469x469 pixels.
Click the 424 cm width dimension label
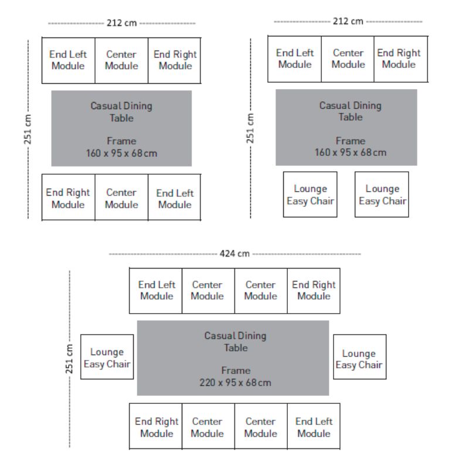click(235, 254)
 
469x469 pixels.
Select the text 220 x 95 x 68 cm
click(236, 383)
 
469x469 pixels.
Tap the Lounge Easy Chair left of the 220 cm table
click(107, 357)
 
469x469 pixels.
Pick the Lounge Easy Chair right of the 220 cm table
click(359, 357)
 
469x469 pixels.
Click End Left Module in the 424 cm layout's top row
click(155, 291)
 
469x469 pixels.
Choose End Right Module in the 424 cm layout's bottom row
click(155, 426)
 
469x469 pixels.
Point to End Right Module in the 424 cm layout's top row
click(314, 291)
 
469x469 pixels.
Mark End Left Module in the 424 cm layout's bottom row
click(314, 426)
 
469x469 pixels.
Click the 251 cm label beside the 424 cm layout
click(69, 359)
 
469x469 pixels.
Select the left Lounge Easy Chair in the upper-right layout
click(310, 195)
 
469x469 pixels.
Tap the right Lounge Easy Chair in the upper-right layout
click(382, 195)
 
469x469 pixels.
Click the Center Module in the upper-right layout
click(348, 59)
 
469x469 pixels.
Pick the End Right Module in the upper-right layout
click(401, 59)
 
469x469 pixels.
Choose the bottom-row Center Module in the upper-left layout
click(121, 198)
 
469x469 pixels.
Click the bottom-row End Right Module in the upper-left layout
click(69, 198)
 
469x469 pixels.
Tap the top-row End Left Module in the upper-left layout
click(69, 60)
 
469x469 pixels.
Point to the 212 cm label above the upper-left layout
click(122, 23)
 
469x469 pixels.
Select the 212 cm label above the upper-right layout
click(348, 21)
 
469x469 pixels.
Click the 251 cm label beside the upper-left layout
click(28, 129)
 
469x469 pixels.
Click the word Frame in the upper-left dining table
click(121, 141)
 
